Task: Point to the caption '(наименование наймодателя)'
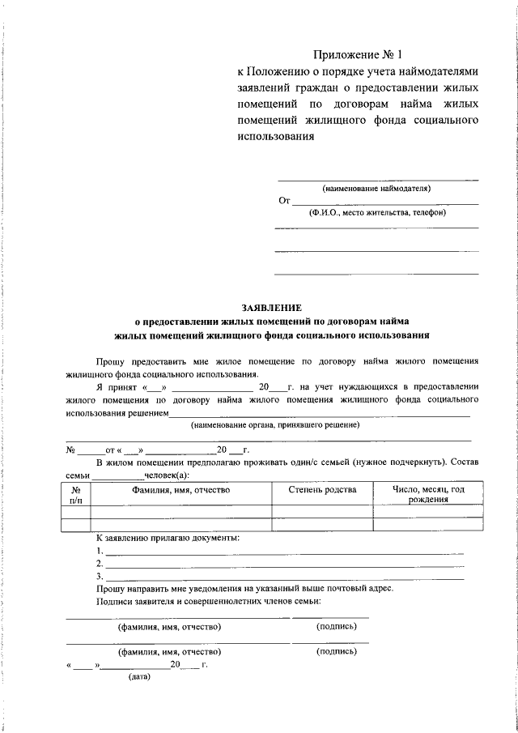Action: click(376, 188)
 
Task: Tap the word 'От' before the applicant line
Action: click(283, 200)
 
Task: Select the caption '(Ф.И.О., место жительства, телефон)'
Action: click(377, 212)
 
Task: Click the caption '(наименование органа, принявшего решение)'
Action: click(275, 424)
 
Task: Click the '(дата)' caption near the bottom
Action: click(134, 678)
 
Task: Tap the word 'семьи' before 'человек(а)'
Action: click(78, 475)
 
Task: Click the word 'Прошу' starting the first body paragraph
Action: click(109, 360)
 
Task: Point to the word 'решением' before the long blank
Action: click(148, 412)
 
